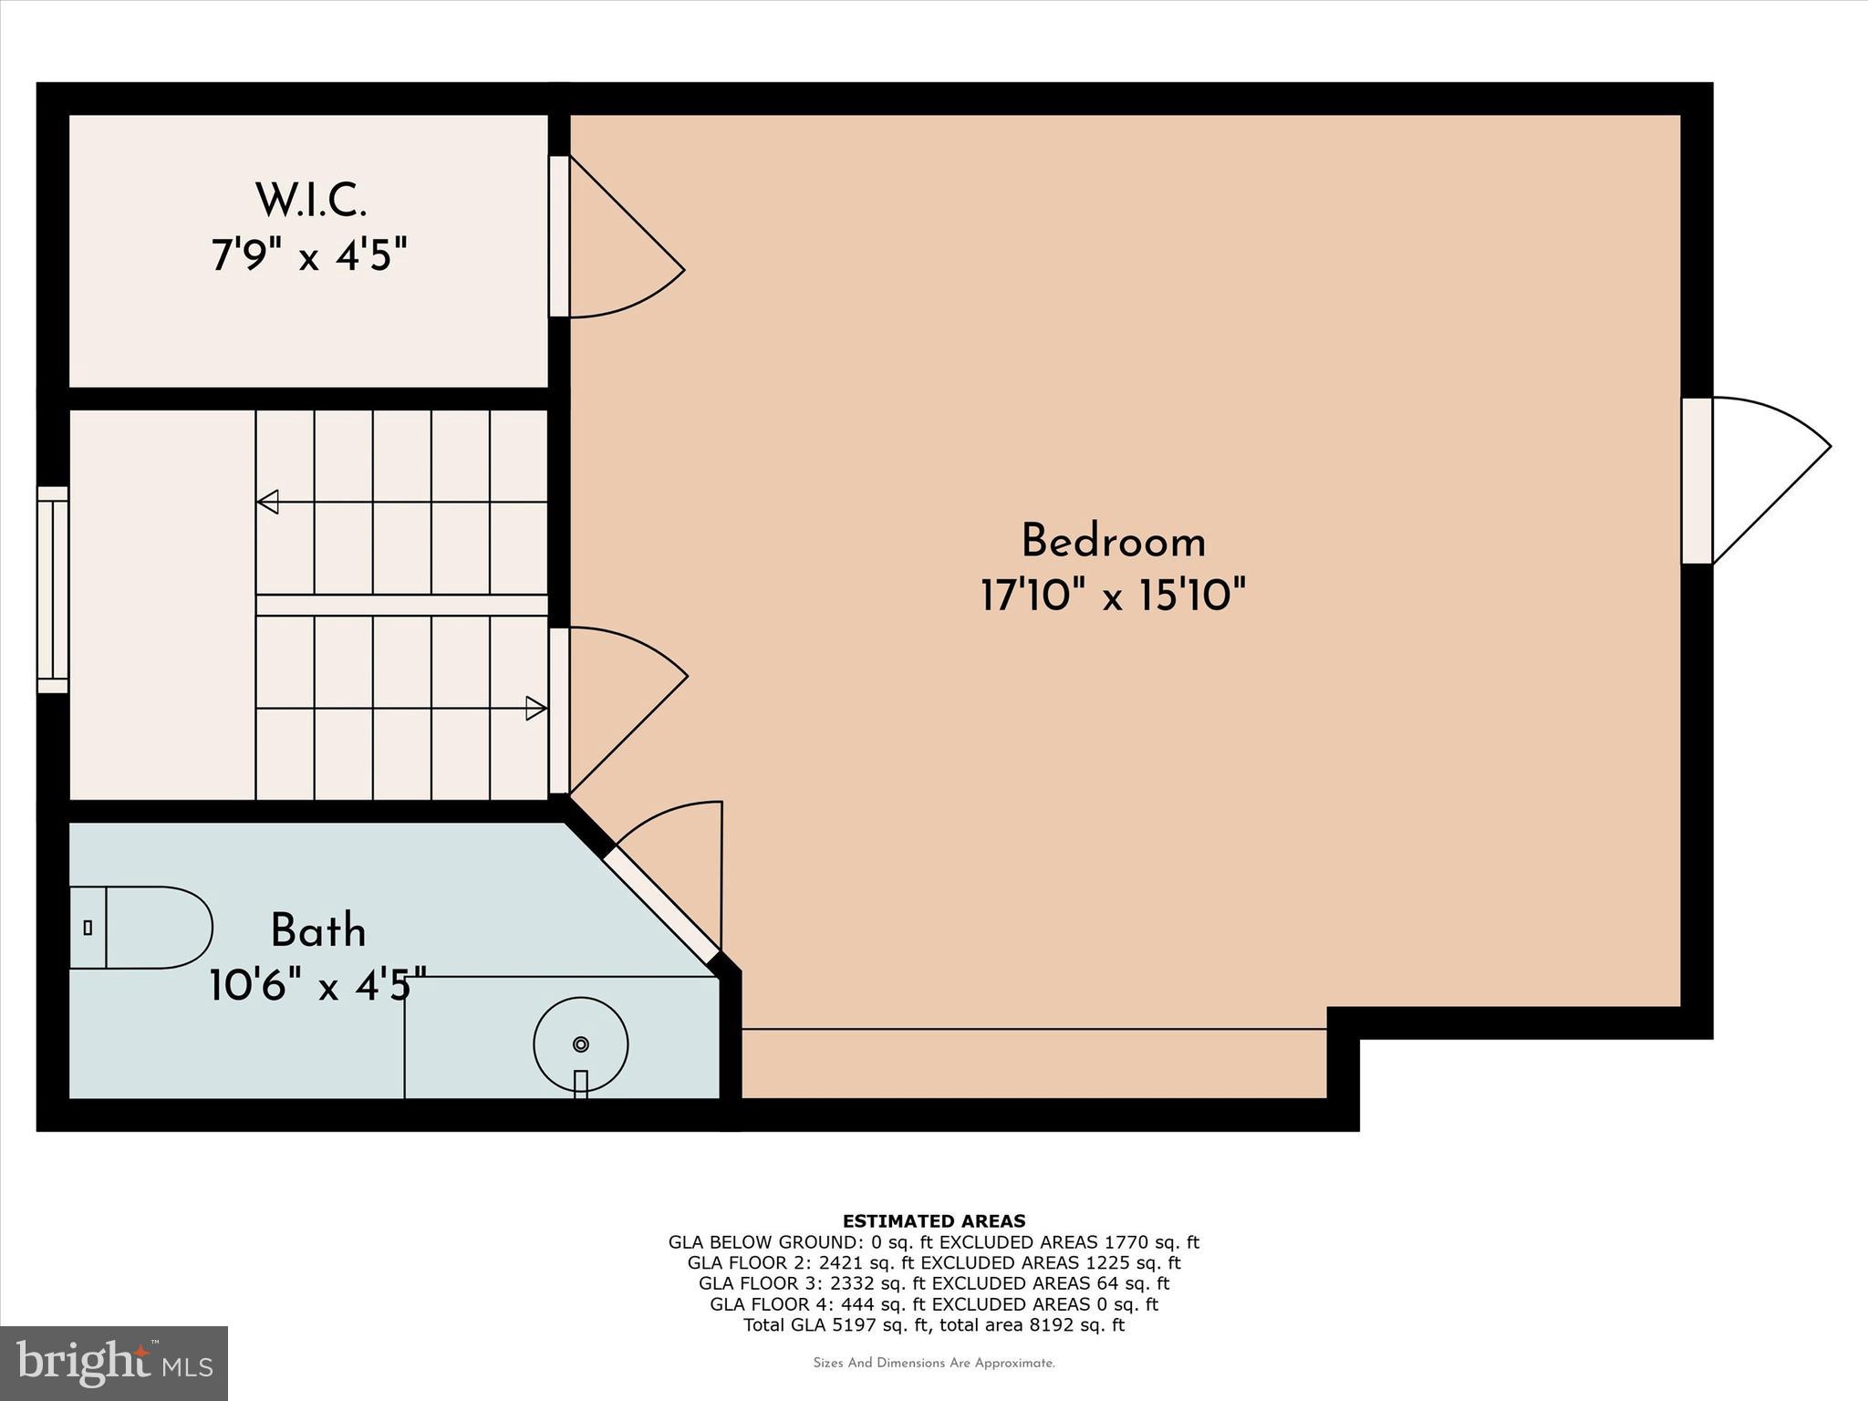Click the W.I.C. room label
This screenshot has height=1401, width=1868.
(x=310, y=201)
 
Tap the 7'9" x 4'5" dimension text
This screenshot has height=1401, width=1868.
(x=308, y=254)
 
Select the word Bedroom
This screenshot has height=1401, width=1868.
(x=1113, y=542)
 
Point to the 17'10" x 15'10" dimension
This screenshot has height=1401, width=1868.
(x=1113, y=596)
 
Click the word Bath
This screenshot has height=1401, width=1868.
(x=317, y=931)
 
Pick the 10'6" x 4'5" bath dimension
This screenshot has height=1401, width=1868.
(x=317, y=985)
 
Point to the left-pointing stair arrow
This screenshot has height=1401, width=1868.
(x=268, y=502)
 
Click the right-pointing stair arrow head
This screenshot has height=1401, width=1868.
(x=535, y=708)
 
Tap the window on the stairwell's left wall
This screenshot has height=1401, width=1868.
(x=53, y=589)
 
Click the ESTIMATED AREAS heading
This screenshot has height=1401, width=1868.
(x=933, y=1221)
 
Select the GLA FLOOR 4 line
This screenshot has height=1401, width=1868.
(x=933, y=1304)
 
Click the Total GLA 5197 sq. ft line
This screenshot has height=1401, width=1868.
(x=933, y=1325)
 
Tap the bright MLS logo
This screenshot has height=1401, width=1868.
(x=114, y=1363)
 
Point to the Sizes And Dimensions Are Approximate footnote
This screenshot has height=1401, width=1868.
(x=933, y=1364)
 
